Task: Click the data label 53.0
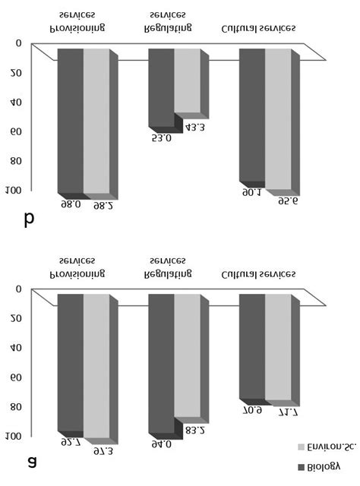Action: (x=162, y=139)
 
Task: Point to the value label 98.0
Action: (x=71, y=204)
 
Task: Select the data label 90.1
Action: (x=252, y=194)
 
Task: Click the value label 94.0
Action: (x=162, y=445)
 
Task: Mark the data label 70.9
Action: (x=252, y=410)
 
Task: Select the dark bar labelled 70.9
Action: (x=252, y=346)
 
